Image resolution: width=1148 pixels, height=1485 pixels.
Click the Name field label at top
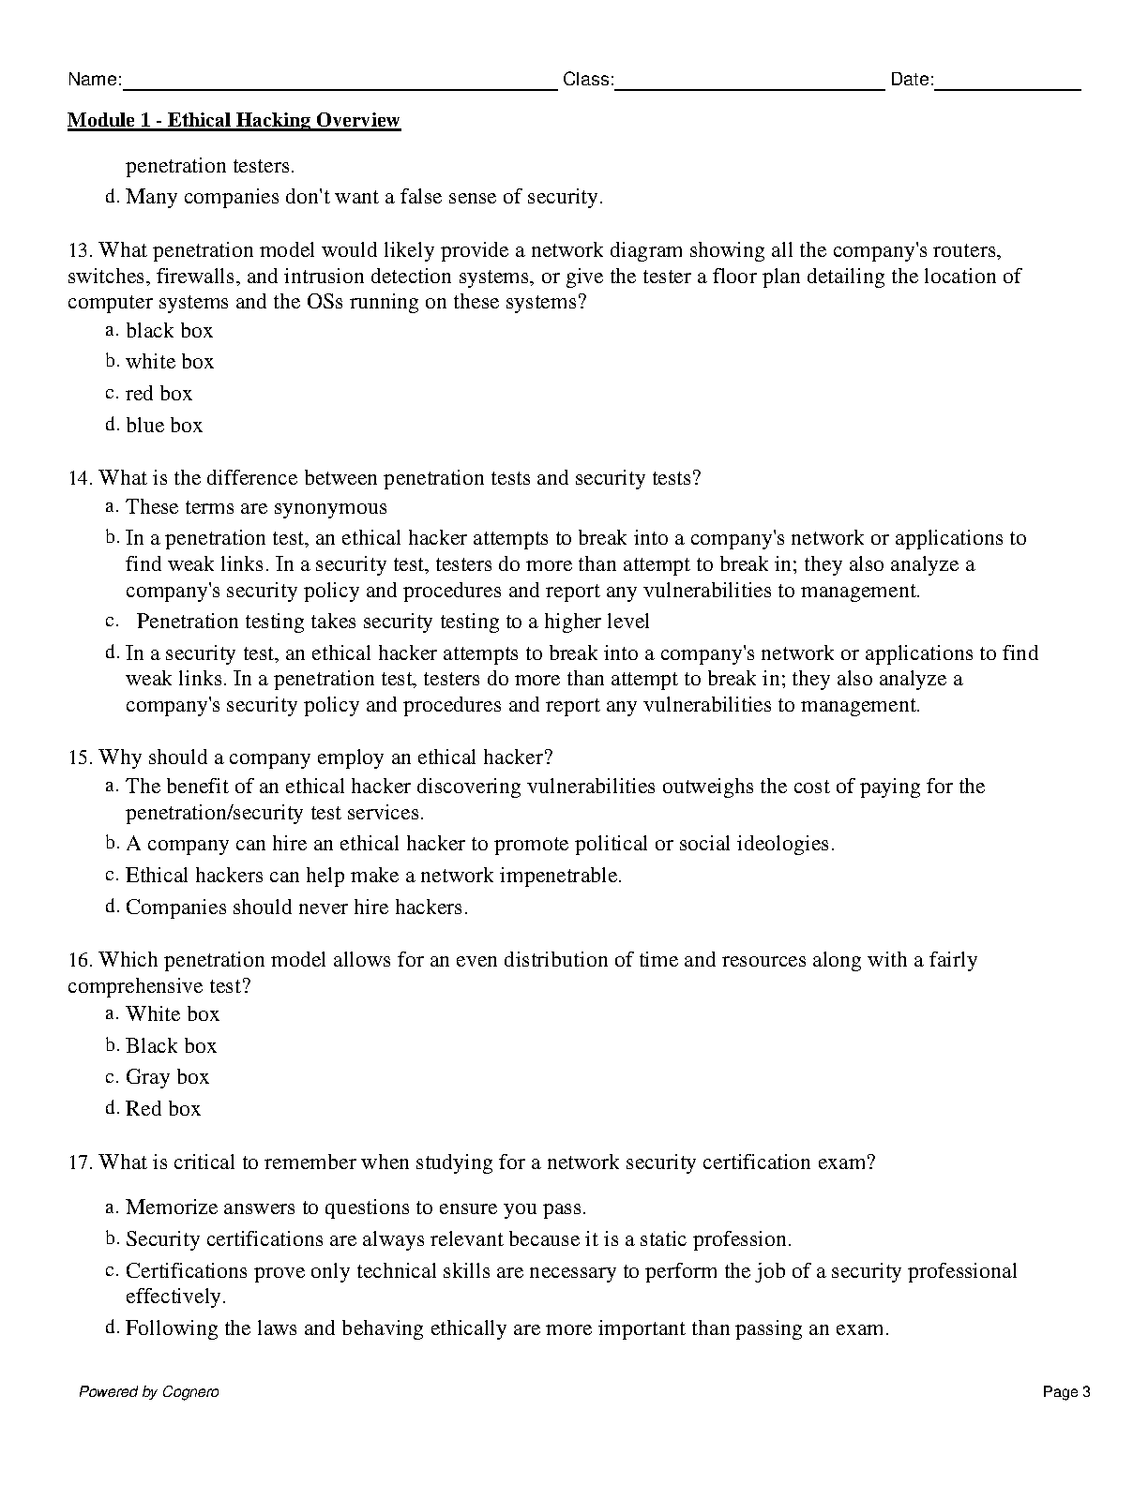94,80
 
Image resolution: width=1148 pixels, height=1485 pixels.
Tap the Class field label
588,80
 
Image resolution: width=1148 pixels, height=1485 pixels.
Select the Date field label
912,80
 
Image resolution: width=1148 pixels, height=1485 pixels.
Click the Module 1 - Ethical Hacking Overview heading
234,120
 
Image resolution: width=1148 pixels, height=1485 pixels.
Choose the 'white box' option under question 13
170,362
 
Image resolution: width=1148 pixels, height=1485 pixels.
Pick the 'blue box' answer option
164,426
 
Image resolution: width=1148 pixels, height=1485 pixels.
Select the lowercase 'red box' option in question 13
159,394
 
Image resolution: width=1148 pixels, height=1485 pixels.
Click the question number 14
80,478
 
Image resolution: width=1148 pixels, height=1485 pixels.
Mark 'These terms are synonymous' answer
256,507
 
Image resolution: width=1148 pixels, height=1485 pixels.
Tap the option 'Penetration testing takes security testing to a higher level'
393,622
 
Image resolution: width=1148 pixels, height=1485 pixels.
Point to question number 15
80,757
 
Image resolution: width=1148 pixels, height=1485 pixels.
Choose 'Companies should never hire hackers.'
296,907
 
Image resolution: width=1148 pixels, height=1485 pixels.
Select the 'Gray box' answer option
167,1077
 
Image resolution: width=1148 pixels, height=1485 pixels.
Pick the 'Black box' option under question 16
171,1046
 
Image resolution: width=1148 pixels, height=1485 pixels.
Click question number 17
80,1162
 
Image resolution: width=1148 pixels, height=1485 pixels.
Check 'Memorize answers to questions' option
355,1207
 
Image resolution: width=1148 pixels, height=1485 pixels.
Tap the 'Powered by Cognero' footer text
148,1392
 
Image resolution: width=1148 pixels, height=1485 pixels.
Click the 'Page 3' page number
1066,1392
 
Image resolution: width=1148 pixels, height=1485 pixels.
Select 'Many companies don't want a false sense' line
364,197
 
